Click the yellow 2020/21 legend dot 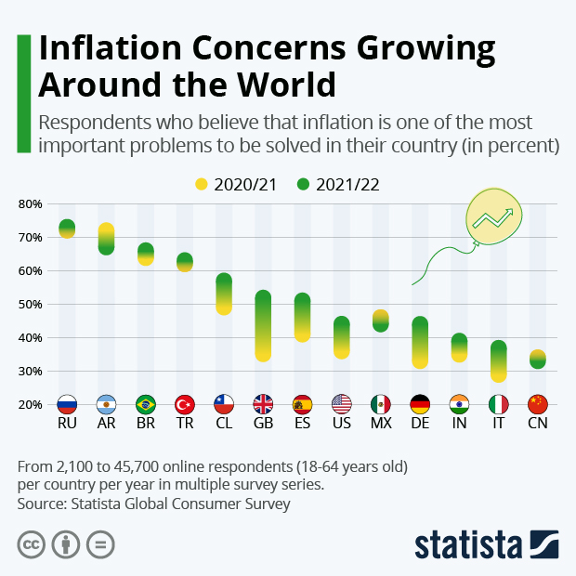pyautogui.click(x=201, y=185)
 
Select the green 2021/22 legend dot pyautogui.click(x=303, y=185)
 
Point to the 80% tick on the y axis pyautogui.click(x=31, y=204)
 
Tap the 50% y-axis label pyautogui.click(x=31, y=305)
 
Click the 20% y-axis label pyautogui.click(x=31, y=405)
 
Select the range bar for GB pyautogui.click(x=263, y=326)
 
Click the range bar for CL pyautogui.click(x=224, y=295)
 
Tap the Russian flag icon pyautogui.click(x=67, y=404)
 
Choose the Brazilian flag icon pyautogui.click(x=145, y=404)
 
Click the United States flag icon pyautogui.click(x=341, y=404)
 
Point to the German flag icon pyautogui.click(x=420, y=404)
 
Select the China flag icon pyautogui.click(x=538, y=404)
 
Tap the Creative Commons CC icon pyautogui.click(x=32, y=543)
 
